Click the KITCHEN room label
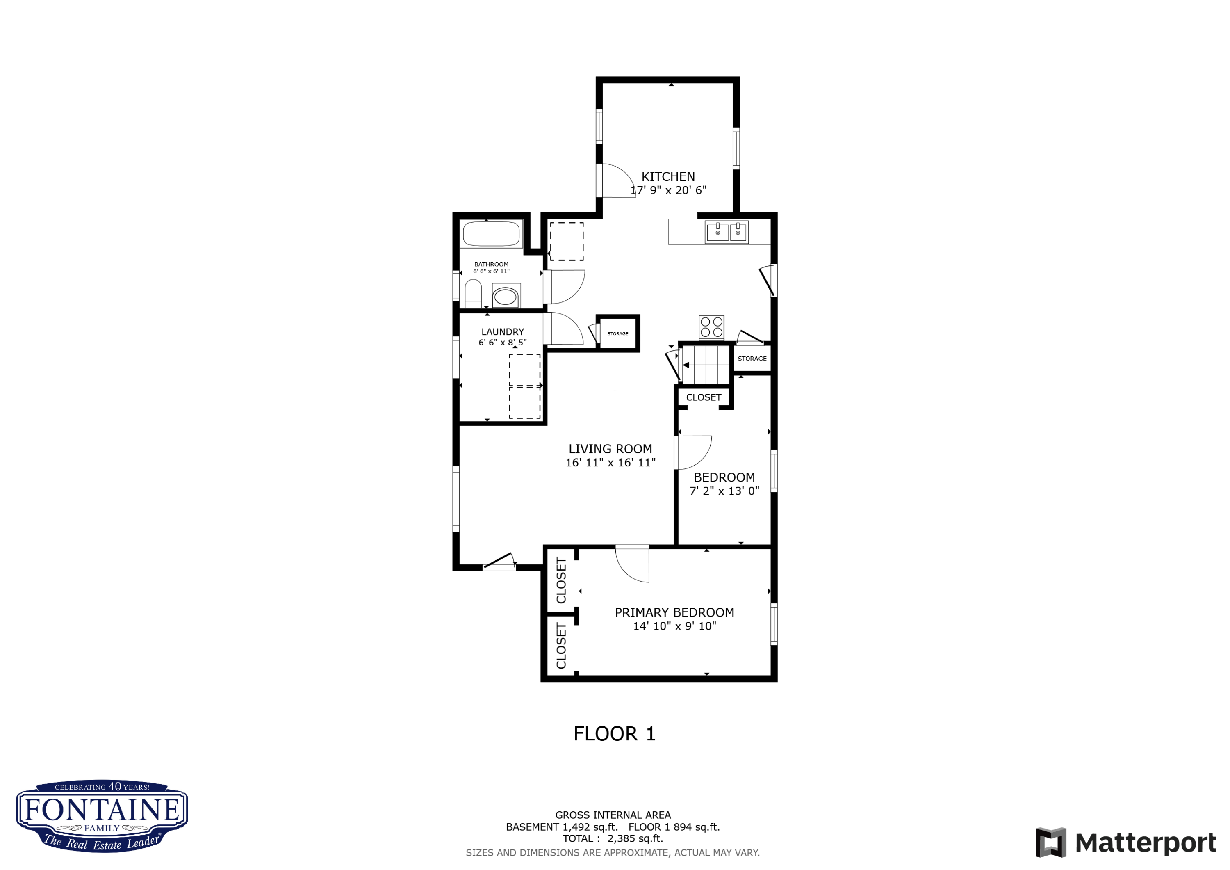coord(668,177)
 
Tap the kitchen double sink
coord(727,232)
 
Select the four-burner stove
coord(711,327)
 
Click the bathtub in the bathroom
coord(491,234)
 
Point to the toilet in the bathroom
coord(473,294)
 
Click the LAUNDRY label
coord(503,332)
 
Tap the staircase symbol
coord(706,365)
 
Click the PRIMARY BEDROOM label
coord(674,613)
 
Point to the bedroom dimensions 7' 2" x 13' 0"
coord(724,491)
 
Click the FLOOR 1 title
coord(615,734)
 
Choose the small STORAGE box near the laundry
coord(618,333)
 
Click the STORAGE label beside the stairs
coord(752,359)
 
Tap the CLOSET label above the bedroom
coord(704,397)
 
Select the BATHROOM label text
coord(491,264)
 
